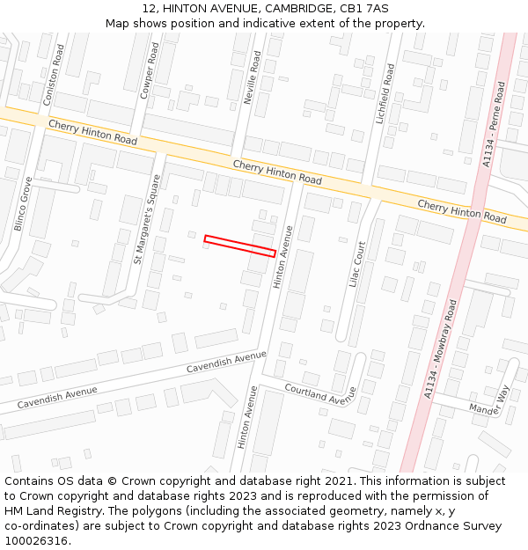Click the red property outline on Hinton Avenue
(239, 246)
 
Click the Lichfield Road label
(385, 92)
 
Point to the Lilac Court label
(357, 265)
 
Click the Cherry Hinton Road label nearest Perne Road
(462, 211)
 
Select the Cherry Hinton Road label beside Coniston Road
(93, 133)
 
